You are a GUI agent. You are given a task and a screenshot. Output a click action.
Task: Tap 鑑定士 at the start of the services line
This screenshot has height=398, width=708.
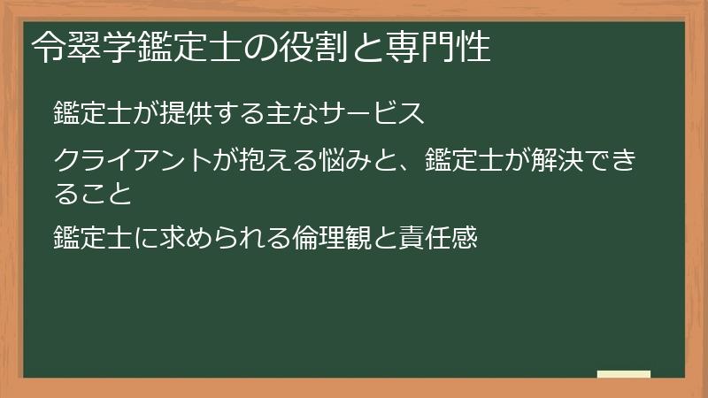coord(92,114)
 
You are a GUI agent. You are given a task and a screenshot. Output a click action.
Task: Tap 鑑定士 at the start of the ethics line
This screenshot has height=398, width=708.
coord(92,238)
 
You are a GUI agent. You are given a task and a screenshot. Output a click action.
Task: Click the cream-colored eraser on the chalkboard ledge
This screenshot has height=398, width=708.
coord(623,374)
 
